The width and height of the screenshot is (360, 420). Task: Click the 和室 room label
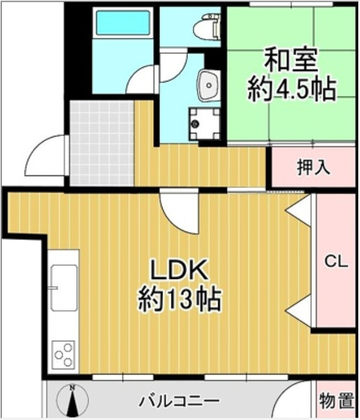[x=291, y=60]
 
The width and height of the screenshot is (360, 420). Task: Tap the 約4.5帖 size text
[x=291, y=89]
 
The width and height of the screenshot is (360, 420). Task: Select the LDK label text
[x=179, y=271]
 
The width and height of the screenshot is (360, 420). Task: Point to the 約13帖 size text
[x=180, y=299]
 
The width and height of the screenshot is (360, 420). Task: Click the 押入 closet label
[x=313, y=167]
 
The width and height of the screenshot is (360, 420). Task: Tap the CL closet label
[x=336, y=262]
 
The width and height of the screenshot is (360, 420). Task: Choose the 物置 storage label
[x=337, y=401]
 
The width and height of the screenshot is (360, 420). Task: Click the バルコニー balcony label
[x=179, y=402]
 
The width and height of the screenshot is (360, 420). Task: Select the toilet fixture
[x=207, y=26]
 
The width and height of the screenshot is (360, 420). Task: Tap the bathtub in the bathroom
[x=123, y=23]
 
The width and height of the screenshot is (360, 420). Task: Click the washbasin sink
[x=209, y=86]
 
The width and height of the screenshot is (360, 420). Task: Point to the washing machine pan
[x=205, y=124]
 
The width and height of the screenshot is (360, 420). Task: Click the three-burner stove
[x=63, y=355]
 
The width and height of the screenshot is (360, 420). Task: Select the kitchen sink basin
[x=64, y=288]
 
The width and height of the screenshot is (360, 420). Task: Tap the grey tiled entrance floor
[x=102, y=143]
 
